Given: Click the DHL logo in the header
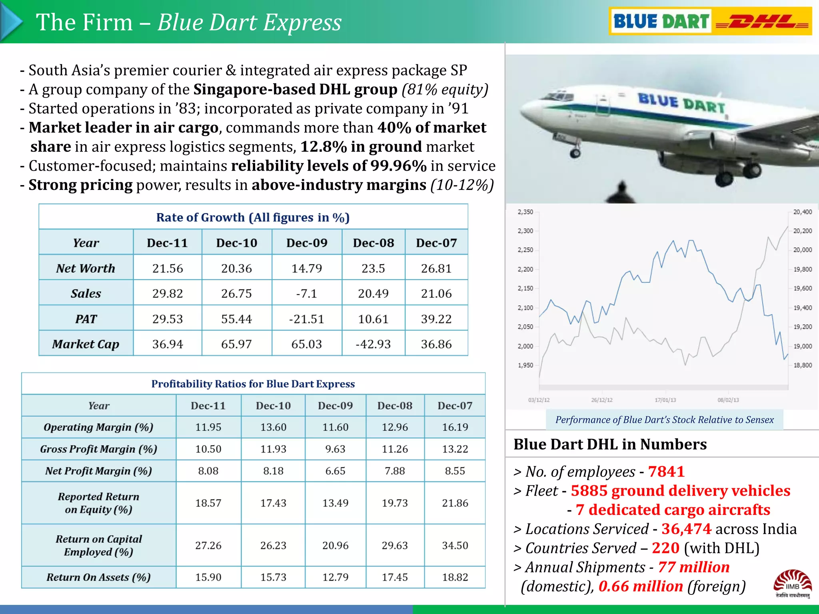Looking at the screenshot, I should coord(762,22).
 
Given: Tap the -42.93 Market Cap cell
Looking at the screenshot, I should coord(373,344).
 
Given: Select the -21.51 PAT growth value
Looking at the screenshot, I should coord(306,319).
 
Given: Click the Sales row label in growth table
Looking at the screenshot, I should coord(86,293).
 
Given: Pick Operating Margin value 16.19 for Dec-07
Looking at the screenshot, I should coord(455,427).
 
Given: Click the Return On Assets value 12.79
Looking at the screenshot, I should coord(335,577).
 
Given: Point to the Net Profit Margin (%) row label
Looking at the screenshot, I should coord(98,471).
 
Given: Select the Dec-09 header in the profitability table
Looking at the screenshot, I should coord(335,406).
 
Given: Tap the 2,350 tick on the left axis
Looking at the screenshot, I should coord(525,212).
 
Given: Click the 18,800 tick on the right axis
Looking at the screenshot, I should coord(803,365).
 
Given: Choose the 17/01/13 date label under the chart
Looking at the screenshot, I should coord(665,400).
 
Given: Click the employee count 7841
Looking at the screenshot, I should coord(666,472).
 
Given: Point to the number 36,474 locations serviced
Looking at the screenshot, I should coord(686,529).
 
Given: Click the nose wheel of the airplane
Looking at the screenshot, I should coord(575,153).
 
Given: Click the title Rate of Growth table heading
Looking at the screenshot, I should coord(253,217).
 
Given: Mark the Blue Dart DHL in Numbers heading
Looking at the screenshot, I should coord(610,444).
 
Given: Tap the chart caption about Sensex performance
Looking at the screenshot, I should coord(664,420).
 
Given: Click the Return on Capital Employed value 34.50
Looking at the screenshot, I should coord(455,546).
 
